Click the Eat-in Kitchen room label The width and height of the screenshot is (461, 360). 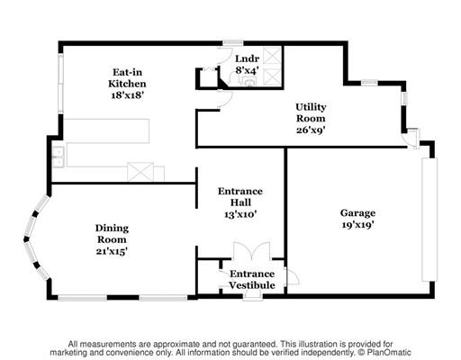coord(127,78)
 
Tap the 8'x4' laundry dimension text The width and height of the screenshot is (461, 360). coord(248,70)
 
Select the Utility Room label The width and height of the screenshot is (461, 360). coord(311,112)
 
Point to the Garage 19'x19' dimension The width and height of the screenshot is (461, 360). coord(357,224)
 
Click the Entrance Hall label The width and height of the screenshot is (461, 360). coord(240,197)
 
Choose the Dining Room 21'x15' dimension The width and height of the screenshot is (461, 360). coord(112,251)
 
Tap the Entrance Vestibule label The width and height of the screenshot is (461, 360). coord(252,279)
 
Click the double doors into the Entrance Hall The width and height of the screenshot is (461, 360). coord(252,251)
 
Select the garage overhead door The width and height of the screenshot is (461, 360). coord(429,220)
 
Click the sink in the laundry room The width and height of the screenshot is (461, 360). coord(249,82)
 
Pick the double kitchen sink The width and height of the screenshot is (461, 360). coord(58,157)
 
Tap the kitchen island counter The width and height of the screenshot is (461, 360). coord(107,131)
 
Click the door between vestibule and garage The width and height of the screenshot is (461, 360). coord(293,276)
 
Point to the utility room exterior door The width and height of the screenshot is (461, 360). coord(412,139)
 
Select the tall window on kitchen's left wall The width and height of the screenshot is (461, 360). coord(61,84)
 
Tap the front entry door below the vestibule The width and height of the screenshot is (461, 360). coord(253,297)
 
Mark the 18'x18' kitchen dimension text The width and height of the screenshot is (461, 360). coord(128,95)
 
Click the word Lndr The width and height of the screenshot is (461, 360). coord(247,58)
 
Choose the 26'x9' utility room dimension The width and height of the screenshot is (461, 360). coord(311,130)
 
